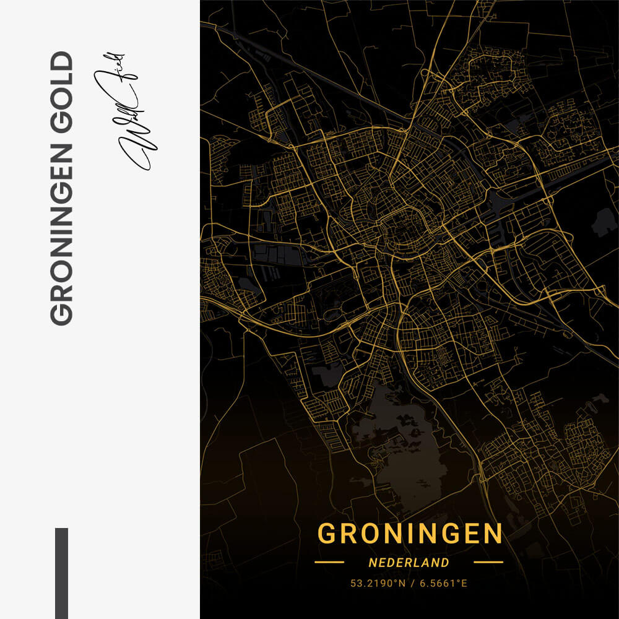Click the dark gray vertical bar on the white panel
pos(61,573)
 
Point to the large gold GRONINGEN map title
pos(409,534)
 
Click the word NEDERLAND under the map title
pos(409,563)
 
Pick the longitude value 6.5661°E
pos(443,583)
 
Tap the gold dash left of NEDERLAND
pos(329,563)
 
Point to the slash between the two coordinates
pos(410,583)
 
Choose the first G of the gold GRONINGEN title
pos(327,534)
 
